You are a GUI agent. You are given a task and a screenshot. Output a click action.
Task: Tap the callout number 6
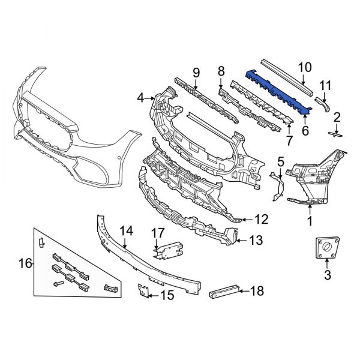coord(305,130)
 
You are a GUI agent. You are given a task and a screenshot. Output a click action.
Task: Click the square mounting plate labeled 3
coord(326,248)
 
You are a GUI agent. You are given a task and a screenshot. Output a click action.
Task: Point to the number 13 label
coord(256,241)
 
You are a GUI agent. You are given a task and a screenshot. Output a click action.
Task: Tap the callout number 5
coord(280,161)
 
